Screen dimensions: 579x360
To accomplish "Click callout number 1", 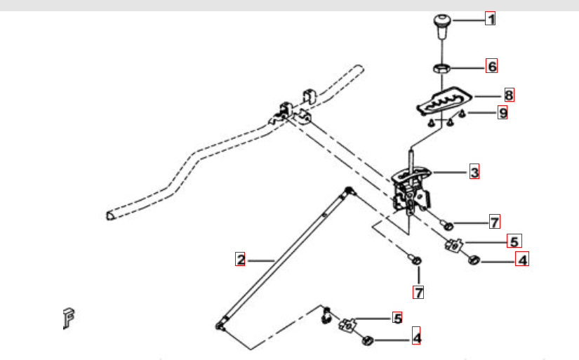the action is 490,18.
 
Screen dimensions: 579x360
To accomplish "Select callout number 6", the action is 491,66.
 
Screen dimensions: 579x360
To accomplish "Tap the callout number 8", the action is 509,95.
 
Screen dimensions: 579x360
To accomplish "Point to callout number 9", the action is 503,112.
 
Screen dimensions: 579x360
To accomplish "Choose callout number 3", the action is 474,172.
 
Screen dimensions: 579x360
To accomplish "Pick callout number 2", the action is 241,259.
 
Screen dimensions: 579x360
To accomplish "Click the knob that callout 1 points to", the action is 442,26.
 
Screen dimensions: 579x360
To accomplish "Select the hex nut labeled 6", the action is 441,68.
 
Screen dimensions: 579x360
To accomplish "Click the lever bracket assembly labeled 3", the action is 412,188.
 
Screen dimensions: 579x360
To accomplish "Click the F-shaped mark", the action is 68,317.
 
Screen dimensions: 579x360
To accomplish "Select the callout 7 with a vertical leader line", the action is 418,293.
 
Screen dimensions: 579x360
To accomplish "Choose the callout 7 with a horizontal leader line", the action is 495,222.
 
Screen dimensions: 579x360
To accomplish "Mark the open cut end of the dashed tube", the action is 110,215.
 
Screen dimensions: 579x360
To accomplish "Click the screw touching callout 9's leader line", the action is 462,114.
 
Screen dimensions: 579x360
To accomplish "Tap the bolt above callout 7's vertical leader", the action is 414,259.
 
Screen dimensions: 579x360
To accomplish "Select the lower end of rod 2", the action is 220,326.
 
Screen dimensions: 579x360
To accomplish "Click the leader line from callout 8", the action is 488,96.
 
